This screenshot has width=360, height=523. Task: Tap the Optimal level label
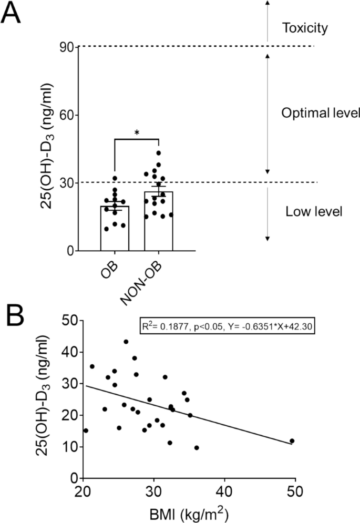(313, 113)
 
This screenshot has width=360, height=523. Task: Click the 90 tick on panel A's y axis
(66, 47)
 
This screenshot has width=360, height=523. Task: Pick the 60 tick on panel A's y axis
(66, 115)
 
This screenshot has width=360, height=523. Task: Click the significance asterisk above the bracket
(137, 133)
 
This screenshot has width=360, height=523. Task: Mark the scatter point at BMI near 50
(292, 440)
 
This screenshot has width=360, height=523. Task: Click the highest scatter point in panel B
(126, 342)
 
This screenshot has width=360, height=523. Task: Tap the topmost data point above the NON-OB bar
(159, 153)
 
